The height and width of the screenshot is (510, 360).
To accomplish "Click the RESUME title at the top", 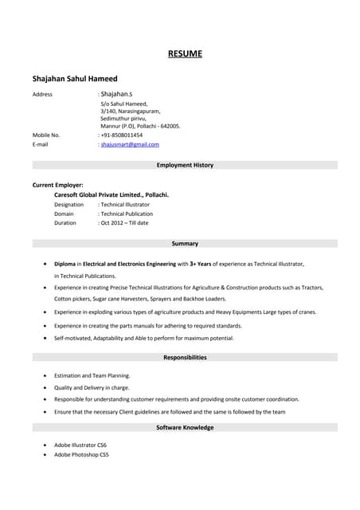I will (185, 54).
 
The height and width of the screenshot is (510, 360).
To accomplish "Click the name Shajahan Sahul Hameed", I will (75, 78).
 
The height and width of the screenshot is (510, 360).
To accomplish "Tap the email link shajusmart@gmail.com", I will (130, 144).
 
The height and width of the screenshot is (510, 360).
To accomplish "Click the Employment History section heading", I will (185, 165).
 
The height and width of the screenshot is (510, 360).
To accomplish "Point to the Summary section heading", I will (185, 243).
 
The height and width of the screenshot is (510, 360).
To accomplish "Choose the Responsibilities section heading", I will (185, 357).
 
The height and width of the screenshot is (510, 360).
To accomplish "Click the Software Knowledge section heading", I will (185, 427).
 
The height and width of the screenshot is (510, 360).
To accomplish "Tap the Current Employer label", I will (57, 185).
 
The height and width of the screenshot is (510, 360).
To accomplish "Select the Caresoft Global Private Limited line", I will (112, 194).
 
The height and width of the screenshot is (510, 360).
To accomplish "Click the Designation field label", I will (68, 204).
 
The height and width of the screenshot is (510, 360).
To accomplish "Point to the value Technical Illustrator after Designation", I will (125, 204).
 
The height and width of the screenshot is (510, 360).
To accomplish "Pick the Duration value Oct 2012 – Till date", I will (124, 222).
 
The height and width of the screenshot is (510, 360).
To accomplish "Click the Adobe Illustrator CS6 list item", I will (80, 445).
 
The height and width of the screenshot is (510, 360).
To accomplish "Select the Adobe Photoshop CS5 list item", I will (81, 454).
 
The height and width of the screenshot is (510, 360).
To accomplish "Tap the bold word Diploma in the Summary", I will (65, 263).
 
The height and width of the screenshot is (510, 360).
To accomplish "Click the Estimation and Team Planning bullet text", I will (92, 375).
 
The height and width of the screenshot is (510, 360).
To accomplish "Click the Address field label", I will (42, 94).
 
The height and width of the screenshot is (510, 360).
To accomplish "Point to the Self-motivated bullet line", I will (143, 338).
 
